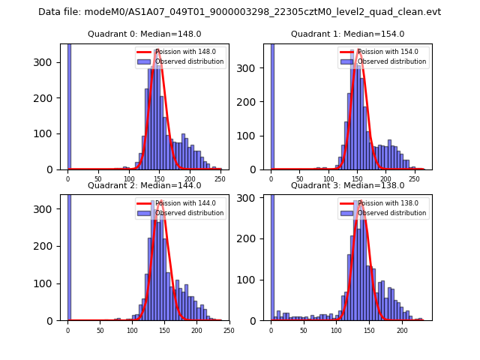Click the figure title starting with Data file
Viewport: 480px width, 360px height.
click(x=239, y=12)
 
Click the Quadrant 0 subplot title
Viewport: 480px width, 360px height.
click(x=144, y=34)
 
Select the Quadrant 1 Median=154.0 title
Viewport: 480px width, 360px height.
click(x=347, y=34)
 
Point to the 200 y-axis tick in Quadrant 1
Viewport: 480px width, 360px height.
click(x=253, y=102)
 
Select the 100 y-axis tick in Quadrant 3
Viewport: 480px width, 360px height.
click(x=253, y=280)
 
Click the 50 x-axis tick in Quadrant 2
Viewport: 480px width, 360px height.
click(x=100, y=330)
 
